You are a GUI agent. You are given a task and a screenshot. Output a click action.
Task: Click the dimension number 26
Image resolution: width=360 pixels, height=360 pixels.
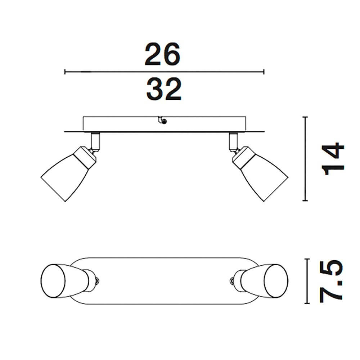[x=162, y=54]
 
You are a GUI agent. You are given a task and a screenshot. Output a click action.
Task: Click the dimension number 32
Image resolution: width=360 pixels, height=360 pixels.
[x=164, y=89]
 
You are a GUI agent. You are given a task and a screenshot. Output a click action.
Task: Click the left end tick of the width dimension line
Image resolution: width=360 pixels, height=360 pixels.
[x=65, y=72]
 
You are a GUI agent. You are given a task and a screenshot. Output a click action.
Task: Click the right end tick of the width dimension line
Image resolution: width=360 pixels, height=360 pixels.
[x=264, y=72]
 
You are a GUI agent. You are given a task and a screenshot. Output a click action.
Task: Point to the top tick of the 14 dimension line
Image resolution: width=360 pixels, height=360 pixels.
[x=305, y=117]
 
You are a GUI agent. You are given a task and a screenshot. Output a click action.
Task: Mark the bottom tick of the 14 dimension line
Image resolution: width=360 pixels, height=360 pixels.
[x=305, y=201]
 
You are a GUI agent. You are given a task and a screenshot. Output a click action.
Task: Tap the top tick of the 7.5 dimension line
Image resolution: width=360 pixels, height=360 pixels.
[x=307, y=259]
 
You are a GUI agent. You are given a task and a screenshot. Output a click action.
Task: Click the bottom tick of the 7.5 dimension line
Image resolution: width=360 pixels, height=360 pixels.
[x=307, y=303]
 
